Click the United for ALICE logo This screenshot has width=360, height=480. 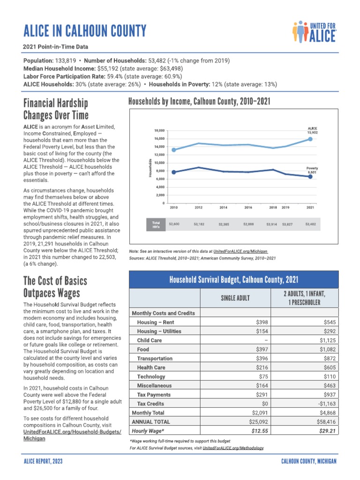tap(314, 31)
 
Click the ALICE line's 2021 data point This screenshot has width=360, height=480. tap(310, 139)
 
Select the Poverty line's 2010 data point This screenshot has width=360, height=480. tap(173, 172)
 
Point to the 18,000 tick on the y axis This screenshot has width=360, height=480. tap(159, 130)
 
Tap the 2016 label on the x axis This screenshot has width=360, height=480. tap(248, 207)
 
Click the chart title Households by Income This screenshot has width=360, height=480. tap(199, 102)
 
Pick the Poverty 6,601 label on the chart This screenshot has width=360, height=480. tap(312, 170)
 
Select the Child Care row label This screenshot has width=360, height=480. tap(149, 340)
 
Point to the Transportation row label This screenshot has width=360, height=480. tap(155, 359)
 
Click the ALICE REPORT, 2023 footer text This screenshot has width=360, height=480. tap(43, 462)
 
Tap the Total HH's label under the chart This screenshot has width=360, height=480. tap(156, 225)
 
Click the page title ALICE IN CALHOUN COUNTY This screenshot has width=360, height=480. tap(85, 31)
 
